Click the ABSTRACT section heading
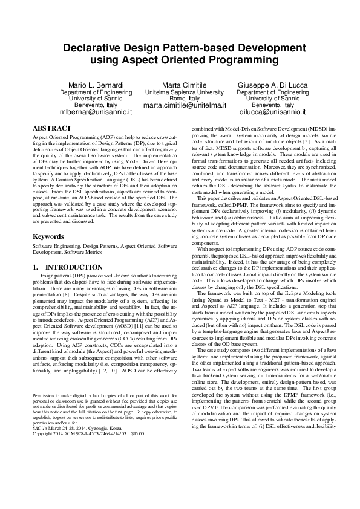pyautogui.click(x=51, y=129)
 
